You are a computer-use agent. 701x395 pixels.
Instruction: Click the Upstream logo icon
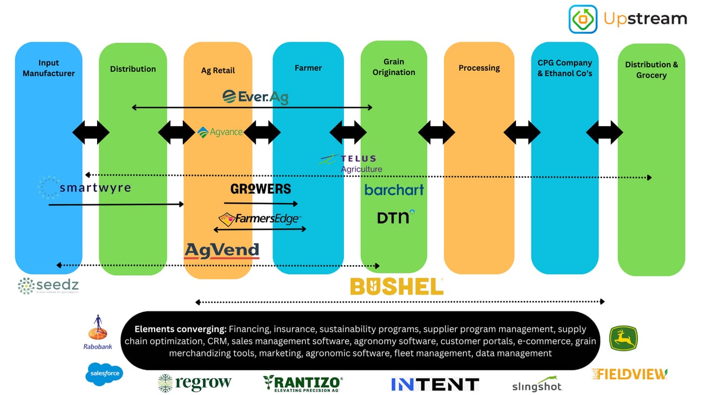pyautogui.click(x=583, y=19)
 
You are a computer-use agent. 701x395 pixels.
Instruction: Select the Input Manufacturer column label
pyautogui.click(x=49, y=68)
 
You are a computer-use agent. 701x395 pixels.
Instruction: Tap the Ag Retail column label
pyautogui.click(x=218, y=71)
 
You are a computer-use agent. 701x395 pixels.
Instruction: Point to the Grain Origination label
pyautogui.click(x=394, y=67)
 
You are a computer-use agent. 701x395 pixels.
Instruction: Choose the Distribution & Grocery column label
pyautogui.click(x=651, y=70)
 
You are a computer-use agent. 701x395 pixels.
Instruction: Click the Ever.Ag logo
pyautogui.click(x=256, y=97)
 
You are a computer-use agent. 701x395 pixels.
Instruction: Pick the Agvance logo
pyautogui.click(x=220, y=132)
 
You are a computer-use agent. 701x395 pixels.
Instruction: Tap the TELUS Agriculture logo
pyautogui.click(x=351, y=163)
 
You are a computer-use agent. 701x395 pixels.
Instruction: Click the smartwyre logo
pyautogui.click(x=85, y=187)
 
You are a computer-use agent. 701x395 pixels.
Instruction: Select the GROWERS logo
pyautogui.click(x=261, y=189)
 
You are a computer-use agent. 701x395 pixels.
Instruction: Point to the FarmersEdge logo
pyautogui.click(x=259, y=219)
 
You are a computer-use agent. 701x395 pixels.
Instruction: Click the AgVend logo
pyautogui.click(x=222, y=250)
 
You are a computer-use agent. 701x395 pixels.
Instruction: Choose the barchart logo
pyautogui.click(x=394, y=190)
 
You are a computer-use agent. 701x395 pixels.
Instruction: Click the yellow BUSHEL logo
pyautogui.click(x=397, y=286)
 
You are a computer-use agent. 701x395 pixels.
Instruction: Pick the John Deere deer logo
pyautogui.click(x=623, y=338)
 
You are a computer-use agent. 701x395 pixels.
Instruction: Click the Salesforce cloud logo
pyautogui.click(x=104, y=373)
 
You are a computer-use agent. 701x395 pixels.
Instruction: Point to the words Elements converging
pyautogui.click(x=181, y=329)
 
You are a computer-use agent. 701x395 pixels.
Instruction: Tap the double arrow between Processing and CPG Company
pyautogui.click(x=522, y=132)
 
